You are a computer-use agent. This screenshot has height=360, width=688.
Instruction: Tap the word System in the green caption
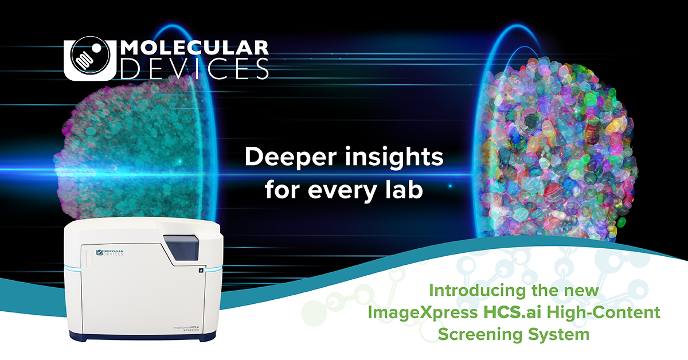tap(562, 334)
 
